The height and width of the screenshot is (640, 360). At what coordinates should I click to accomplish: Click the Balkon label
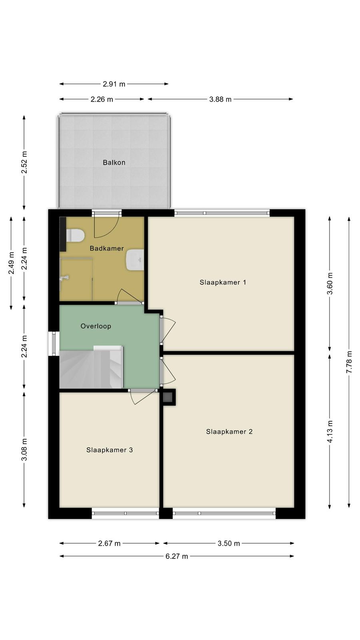tap(114, 162)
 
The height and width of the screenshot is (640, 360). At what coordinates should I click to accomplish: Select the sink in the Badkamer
tap(134, 260)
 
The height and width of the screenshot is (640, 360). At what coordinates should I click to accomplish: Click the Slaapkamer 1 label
tap(223, 282)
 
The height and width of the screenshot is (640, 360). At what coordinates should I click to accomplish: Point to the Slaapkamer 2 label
tap(230, 432)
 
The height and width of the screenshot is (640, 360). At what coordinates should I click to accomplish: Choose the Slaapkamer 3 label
tap(110, 450)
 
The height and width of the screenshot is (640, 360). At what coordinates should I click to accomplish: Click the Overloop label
tap(96, 326)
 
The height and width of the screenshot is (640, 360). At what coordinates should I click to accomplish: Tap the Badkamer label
tap(106, 248)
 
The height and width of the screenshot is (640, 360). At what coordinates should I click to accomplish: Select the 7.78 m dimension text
tap(349, 362)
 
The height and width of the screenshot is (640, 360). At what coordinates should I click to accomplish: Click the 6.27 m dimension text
tap(177, 556)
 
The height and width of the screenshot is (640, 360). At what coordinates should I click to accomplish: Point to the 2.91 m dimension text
tap(114, 84)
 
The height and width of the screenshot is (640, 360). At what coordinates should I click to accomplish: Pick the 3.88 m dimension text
tap(220, 99)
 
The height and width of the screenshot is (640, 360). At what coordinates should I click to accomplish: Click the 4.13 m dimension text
tap(330, 432)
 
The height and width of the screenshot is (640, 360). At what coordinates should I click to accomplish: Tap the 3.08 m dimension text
tap(24, 450)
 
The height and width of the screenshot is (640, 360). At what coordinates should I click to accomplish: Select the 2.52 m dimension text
tap(24, 162)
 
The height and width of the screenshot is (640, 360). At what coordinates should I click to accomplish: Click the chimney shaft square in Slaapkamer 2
tap(168, 396)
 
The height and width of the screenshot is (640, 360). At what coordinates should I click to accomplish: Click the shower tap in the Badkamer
tap(64, 278)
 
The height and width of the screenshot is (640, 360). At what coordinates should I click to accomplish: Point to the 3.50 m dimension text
tap(228, 544)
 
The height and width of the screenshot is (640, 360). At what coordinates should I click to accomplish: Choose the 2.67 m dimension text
tap(109, 544)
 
